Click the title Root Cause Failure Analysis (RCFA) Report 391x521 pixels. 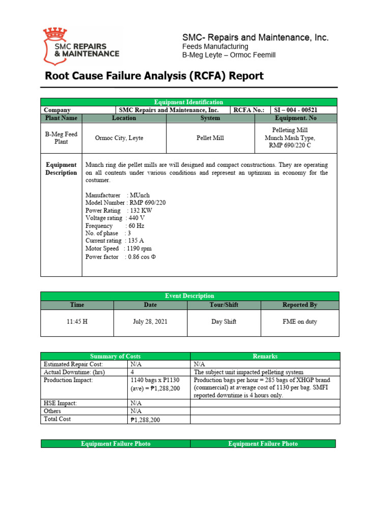click(x=154, y=76)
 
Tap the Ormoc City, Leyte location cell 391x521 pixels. click(x=124, y=138)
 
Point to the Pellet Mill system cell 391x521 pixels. click(x=210, y=138)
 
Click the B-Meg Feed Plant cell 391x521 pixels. click(x=61, y=138)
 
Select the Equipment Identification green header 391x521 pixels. click(x=188, y=102)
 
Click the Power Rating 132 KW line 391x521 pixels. click(x=119, y=211)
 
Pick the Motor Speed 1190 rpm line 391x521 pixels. click(x=119, y=249)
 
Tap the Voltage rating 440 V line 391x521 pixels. click(x=119, y=218)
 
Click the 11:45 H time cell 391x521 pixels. click(x=77, y=322)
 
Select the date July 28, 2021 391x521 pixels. click(x=150, y=322)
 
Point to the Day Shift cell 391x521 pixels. click(x=224, y=322)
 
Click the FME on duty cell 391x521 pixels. click(x=300, y=322)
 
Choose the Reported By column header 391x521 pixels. click(x=300, y=305)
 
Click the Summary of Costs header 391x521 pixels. click(x=116, y=356)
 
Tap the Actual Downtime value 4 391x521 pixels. click(x=132, y=372)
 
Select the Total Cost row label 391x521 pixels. click(x=58, y=419)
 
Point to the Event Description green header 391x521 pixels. click(x=189, y=296)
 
